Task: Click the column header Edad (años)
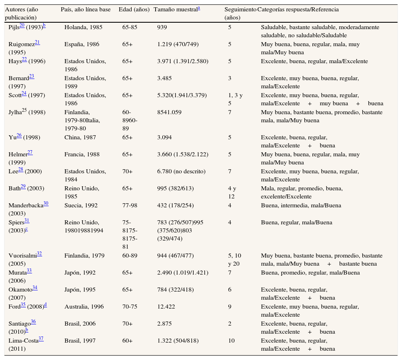coord(134,9)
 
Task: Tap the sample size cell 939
coord(162,28)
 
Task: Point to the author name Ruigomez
coord(21,45)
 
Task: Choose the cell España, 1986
coord(82,45)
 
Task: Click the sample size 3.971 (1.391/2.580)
coord(183,62)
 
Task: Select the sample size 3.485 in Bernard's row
coord(165,79)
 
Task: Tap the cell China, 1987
coord(80,138)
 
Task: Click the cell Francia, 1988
coord(82,155)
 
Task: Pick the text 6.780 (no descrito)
coord(181,172)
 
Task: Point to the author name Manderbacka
coord(26,206)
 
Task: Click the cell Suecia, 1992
coord(81,206)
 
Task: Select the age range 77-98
coord(130,206)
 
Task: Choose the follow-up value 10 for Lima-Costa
coord(231,341)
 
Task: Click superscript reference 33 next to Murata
coord(29,271)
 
